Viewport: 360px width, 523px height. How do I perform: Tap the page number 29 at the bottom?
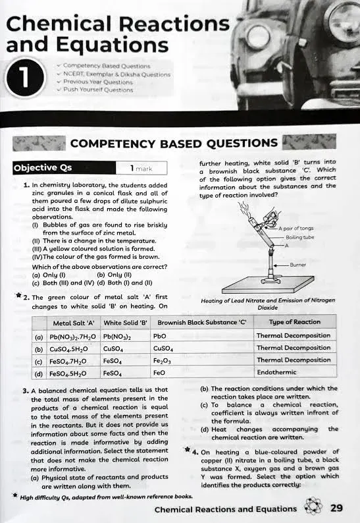(x=336, y=509)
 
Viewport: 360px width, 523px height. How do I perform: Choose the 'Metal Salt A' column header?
(x=74, y=322)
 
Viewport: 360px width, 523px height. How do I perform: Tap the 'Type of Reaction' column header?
(x=294, y=322)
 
